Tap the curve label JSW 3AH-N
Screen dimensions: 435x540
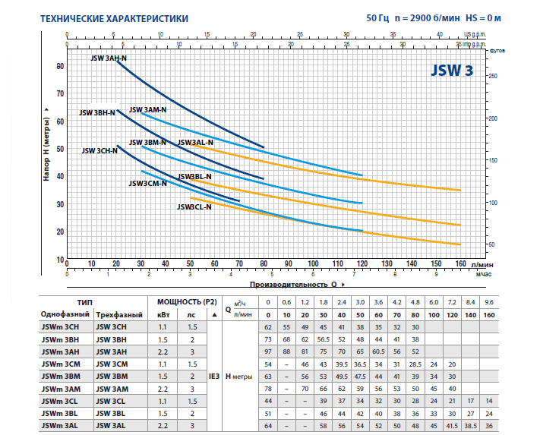coord(109,58)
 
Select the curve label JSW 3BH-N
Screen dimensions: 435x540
coord(96,112)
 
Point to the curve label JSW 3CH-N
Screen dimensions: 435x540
coord(99,150)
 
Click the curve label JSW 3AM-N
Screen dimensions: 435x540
coord(148,110)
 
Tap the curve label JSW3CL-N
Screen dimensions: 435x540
coord(194,206)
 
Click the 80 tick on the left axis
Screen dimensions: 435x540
coord(60,66)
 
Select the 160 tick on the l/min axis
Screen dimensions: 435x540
coord(459,265)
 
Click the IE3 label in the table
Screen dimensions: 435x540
coord(215,376)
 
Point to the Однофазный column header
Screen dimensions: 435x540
coord(65,314)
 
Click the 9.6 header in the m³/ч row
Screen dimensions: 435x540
coord(488,301)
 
